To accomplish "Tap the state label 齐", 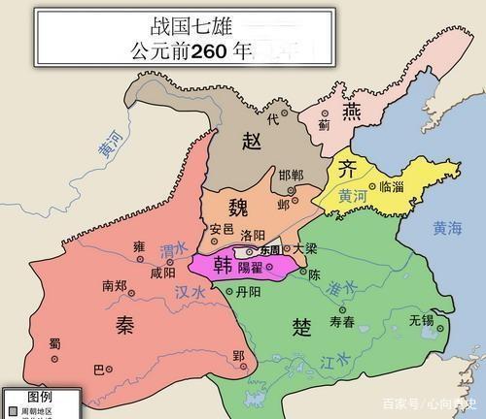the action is coord(346,167).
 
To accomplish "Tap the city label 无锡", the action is coord(421,319).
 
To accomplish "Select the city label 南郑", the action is coord(115,285).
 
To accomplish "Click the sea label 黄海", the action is coord(450,229).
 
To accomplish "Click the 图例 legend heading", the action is coord(39,398).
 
